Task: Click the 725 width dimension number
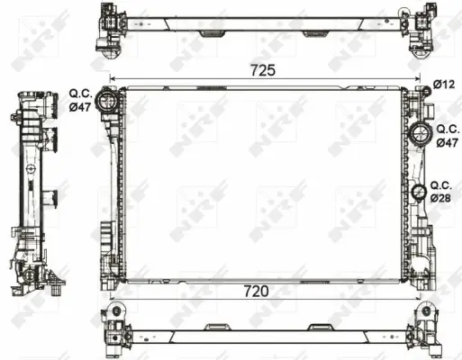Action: point(263,68)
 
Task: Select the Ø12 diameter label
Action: point(442,85)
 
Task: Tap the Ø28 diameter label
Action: point(440,197)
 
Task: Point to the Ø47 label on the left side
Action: point(80,107)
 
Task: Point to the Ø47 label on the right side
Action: point(447,142)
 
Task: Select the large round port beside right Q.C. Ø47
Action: point(419,136)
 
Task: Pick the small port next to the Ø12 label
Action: point(420,88)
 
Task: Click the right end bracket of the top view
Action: point(422,28)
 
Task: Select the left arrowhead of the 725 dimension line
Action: point(113,78)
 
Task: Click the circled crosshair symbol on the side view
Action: point(32,167)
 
